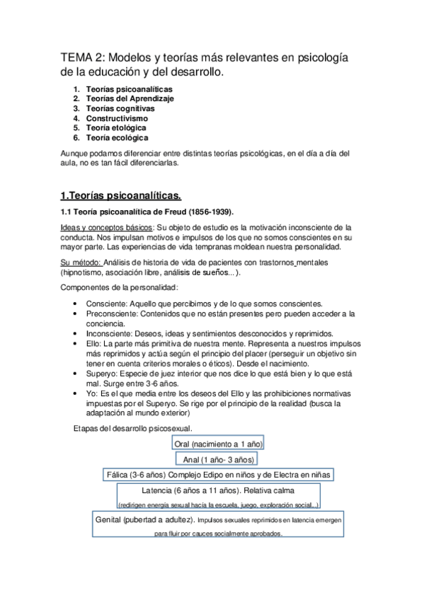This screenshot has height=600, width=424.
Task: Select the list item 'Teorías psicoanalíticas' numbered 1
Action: (129, 90)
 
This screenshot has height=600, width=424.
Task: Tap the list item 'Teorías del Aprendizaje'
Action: (130, 99)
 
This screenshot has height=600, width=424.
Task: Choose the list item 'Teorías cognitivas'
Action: (120, 109)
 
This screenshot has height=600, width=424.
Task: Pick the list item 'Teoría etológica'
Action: (116, 128)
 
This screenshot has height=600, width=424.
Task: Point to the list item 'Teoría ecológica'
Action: (117, 138)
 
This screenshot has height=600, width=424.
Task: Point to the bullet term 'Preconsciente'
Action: (111, 313)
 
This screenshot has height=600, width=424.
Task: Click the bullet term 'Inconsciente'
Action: (109, 333)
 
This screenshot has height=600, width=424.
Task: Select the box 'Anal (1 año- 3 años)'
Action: (217, 459)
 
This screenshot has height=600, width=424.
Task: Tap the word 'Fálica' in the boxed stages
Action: (121, 475)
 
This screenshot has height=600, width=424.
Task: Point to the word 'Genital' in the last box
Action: (113, 520)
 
